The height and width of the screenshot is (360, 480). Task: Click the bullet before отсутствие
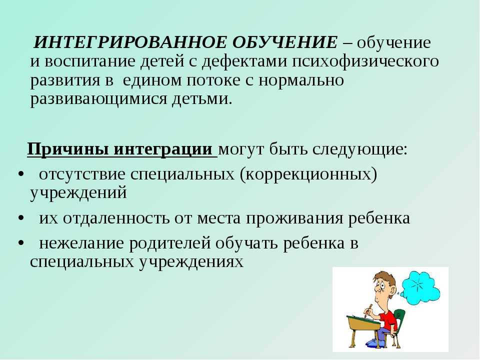(20, 175)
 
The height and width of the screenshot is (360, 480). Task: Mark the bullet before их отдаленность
(20, 219)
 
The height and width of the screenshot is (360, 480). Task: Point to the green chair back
(400, 320)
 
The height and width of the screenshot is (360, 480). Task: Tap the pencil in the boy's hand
(370, 308)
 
